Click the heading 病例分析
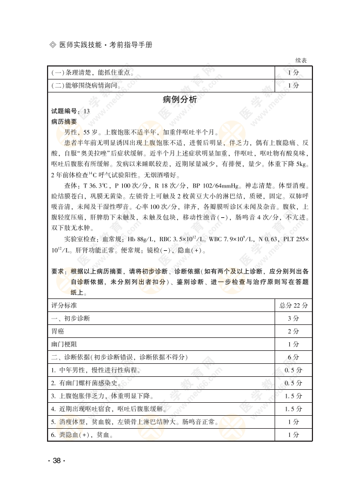click(x=179, y=99)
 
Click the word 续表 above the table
click(x=301, y=61)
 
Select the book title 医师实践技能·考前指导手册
click(x=105, y=45)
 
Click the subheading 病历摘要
click(x=64, y=122)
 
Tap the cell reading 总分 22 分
click(x=293, y=305)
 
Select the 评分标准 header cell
click(x=64, y=305)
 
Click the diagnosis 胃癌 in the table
click(x=57, y=331)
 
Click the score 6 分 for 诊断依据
click(x=293, y=357)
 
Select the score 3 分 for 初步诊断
click(x=293, y=318)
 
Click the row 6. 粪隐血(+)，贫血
click(x=82, y=435)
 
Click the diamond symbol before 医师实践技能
click(x=52, y=45)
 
